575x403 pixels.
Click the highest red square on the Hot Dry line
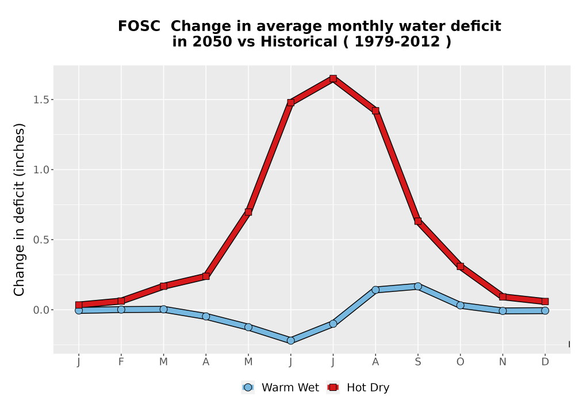(333, 78)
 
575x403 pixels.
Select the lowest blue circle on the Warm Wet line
(291, 341)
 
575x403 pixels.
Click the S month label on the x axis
(417, 362)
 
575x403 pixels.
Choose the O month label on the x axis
(460, 362)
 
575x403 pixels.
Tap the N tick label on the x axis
(503, 362)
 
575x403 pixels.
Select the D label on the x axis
(545, 362)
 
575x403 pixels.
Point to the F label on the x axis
(121, 362)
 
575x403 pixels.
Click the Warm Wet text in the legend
(290, 387)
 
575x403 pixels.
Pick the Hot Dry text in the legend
(368, 388)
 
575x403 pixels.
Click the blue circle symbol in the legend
(248, 387)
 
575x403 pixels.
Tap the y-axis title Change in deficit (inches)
(19, 210)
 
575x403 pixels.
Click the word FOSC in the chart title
(139, 26)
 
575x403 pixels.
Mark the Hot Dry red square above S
(417, 221)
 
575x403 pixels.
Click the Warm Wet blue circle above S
(417, 286)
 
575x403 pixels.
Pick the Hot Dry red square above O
(460, 267)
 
